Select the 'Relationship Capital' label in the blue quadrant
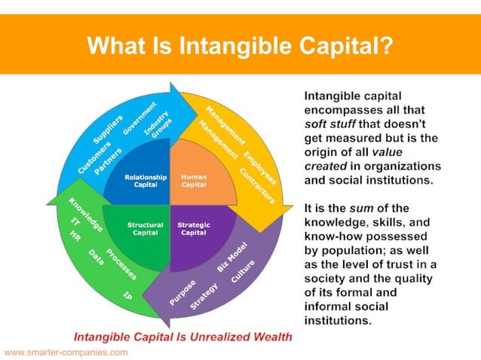pos(140,181)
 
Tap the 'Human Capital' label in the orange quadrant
pos(194,182)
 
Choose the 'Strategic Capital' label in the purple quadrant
pos(194,229)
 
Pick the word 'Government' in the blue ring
pos(139,117)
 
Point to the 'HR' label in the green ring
pos(75,236)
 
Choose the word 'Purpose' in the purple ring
pos(182,291)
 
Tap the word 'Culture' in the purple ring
pos(244,273)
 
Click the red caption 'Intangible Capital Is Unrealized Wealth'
pos(182,337)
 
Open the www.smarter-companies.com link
pos(66,352)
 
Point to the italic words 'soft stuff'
pos(332,124)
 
